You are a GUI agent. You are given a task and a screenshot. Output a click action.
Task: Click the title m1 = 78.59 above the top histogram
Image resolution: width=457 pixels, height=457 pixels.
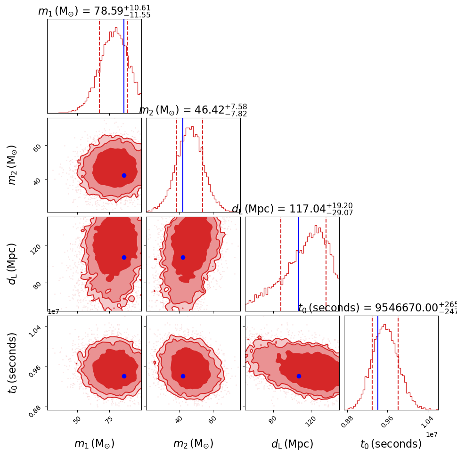[x=94, y=11]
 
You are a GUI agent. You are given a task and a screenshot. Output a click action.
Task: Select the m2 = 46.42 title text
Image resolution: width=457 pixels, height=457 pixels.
[x=193, y=110]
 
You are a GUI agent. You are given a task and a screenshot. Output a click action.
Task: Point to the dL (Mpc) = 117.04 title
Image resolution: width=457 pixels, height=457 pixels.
[x=292, y=209]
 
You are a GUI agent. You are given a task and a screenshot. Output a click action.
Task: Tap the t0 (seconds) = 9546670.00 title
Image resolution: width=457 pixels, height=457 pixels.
[x=377, y=308]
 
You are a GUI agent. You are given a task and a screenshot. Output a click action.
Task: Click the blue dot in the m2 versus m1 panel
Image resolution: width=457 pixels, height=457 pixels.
[x=124, y=175]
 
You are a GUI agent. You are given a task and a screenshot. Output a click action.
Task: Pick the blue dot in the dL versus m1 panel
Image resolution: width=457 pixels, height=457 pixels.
[x=124, y=257]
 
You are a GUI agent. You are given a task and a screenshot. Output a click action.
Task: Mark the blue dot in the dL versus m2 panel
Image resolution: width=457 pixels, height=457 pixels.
[x=183, y=257]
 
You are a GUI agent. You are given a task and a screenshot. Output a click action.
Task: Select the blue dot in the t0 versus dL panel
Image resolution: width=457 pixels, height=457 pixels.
[x=299, y=376]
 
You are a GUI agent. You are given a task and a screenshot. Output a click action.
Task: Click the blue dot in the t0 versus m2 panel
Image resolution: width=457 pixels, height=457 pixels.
[x=183, y=376]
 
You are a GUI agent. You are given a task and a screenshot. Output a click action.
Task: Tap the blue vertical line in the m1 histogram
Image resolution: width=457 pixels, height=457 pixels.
[x=124, y=66]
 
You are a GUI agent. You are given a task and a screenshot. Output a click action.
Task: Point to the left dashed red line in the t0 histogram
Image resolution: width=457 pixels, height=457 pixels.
[x=372, y=363]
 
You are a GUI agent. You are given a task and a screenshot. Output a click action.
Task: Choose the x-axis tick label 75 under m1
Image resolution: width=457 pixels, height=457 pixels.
[x=109, y=420]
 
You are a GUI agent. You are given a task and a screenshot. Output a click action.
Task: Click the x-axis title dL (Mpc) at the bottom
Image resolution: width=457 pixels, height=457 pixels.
[x=292, y=444]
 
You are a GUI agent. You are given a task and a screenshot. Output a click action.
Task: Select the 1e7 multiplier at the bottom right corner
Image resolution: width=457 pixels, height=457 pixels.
[x=432, y=434]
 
